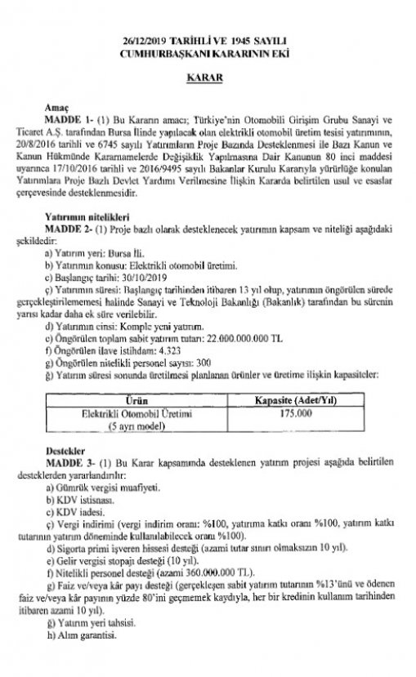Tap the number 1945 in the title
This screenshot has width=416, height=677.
(236, 40)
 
